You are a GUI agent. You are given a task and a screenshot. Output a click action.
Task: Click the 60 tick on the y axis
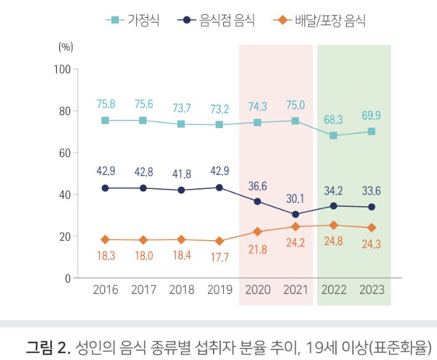[64, 153]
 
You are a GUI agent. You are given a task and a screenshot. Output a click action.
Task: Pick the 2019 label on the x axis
[219, 290]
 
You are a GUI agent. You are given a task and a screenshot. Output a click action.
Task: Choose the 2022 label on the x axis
[334, 290]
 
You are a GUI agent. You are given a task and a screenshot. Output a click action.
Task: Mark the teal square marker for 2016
[105, 121]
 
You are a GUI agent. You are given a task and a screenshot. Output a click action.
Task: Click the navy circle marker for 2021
[295, 215]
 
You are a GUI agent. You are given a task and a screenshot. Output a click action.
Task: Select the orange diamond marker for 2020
[257, 231]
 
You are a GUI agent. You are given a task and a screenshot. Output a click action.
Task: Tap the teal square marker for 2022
[334, 135]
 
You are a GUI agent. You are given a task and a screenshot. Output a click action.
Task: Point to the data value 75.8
[105, 104]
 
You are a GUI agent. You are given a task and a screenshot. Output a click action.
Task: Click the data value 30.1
[295, 199]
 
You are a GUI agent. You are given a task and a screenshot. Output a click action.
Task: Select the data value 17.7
[219, 257]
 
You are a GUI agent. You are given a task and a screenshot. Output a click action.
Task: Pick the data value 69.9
[371, 115]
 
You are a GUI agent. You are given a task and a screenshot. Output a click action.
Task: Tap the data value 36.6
[257, 185]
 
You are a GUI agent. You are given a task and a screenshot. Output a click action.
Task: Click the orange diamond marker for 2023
[371, 228]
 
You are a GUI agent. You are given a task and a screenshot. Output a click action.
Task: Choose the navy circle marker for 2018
[181, 190]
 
